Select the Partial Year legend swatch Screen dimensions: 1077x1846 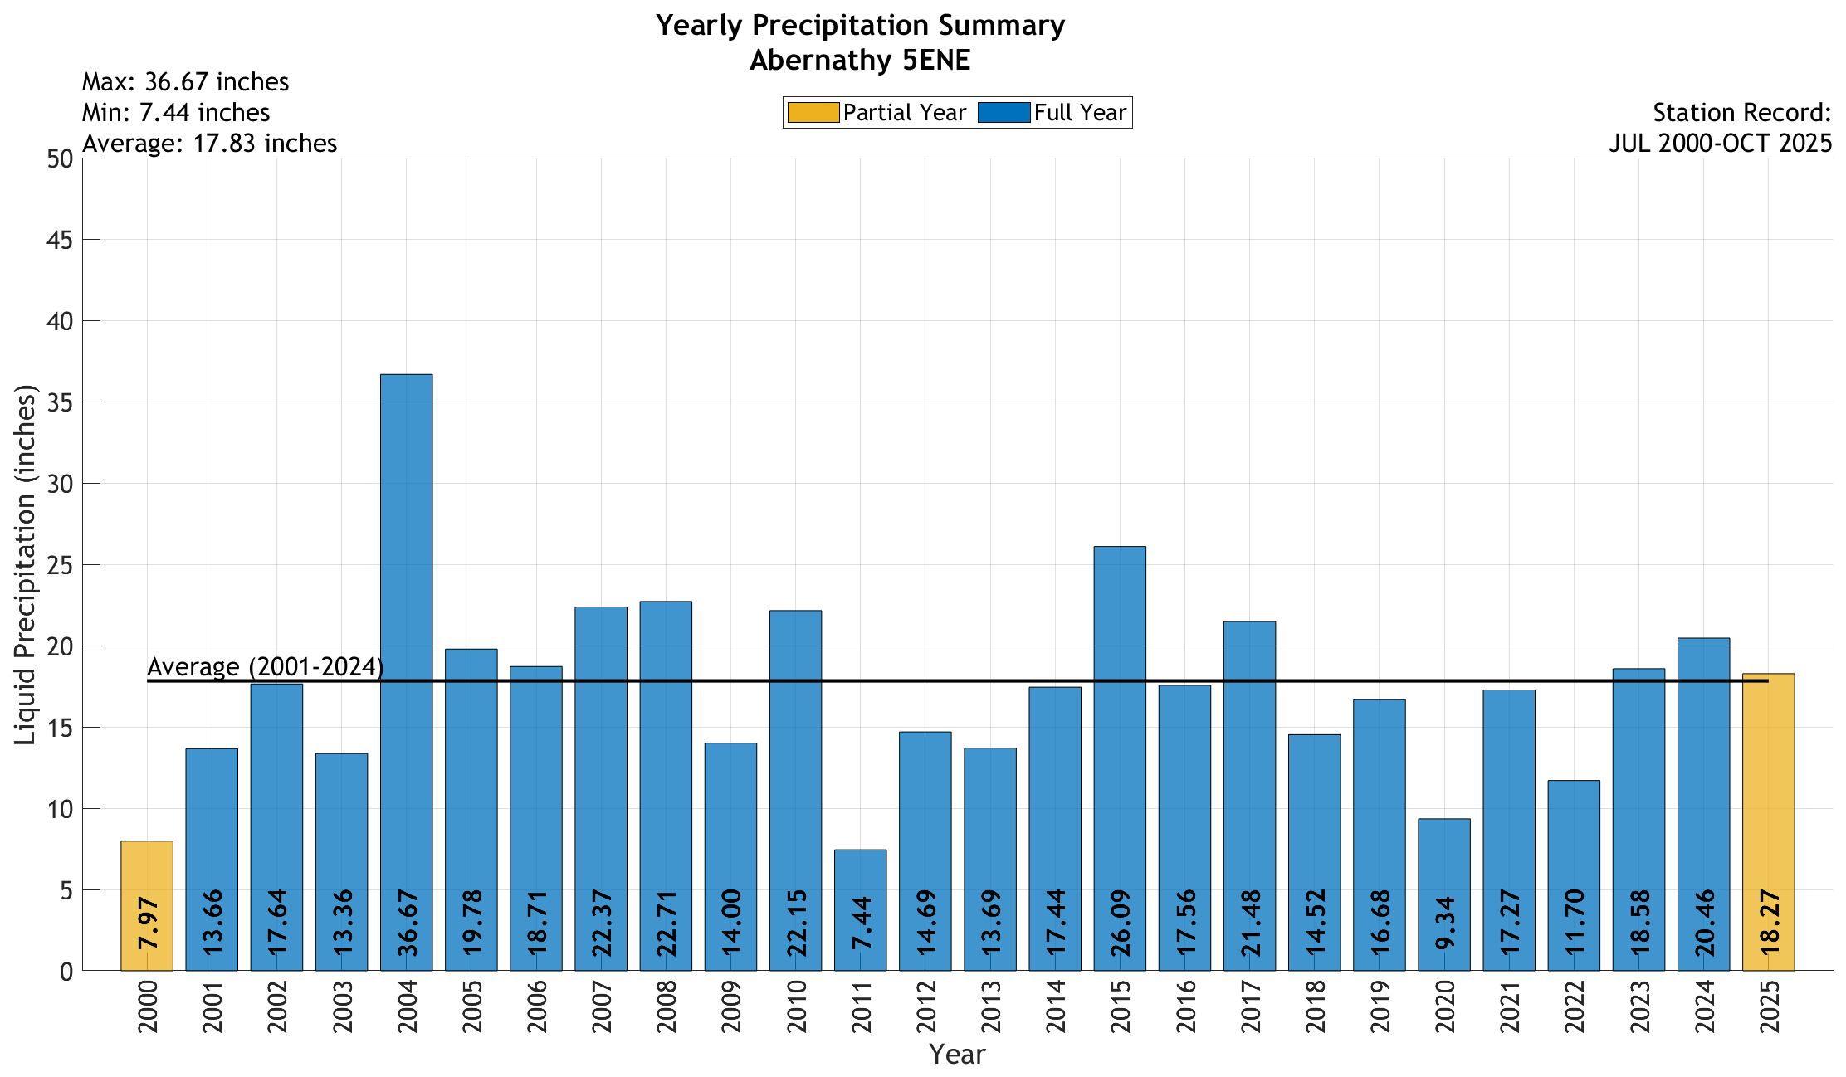[x=813, y=113]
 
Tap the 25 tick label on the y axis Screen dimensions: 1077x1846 [x=61, y=565]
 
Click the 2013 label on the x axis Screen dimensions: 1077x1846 [x=991, y=1006]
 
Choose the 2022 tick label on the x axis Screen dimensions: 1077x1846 [x=1575, y=1006]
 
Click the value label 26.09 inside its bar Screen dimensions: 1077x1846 [x=1121, y=923]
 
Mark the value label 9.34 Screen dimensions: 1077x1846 [x=1445, y=923]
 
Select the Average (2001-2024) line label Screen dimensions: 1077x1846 [x=265, y=667]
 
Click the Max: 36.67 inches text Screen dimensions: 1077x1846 [x=185, y=82]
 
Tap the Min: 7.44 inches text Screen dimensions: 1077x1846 [x=176, y=113]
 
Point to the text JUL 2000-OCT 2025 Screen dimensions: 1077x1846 [x=1720, y=144]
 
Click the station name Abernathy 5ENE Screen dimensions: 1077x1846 [x=860, y=61]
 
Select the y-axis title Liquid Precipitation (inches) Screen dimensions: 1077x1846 [x=26, y=564]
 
